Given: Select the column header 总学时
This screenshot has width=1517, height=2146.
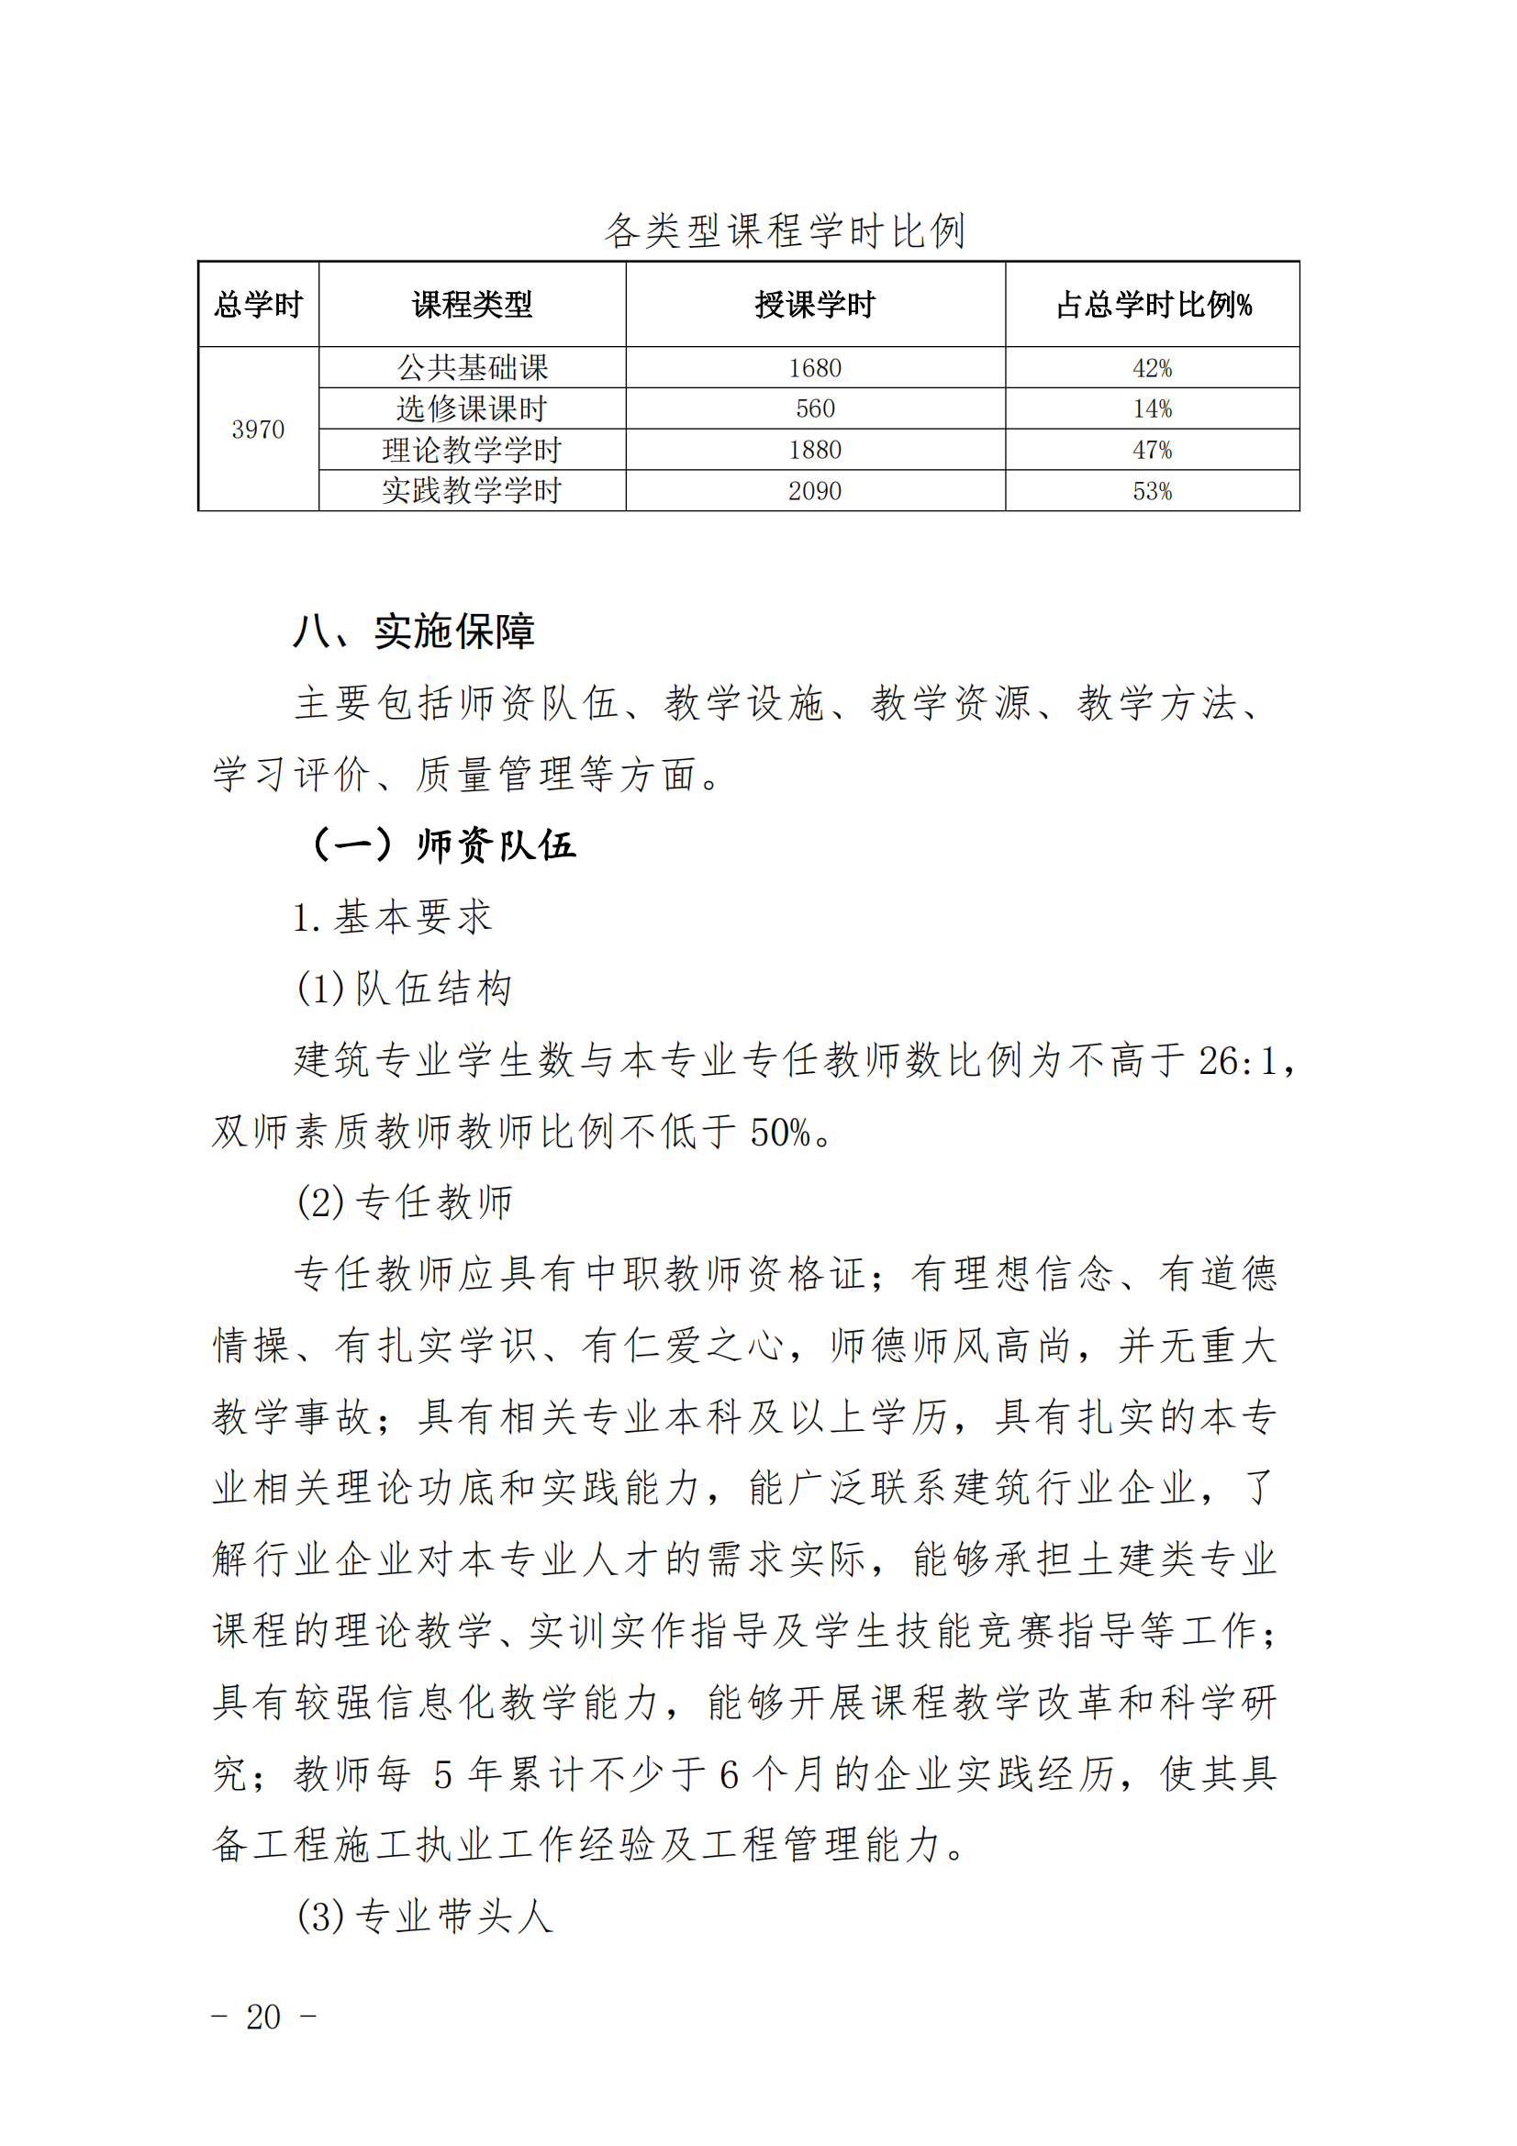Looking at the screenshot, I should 258,305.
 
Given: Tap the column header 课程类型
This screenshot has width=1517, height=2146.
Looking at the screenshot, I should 472,305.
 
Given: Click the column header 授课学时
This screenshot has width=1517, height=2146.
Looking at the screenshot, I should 815,305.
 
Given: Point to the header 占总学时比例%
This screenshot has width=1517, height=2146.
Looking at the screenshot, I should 1153,305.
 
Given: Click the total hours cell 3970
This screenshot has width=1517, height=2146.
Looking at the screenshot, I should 258,429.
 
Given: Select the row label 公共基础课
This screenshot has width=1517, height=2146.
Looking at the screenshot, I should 472,367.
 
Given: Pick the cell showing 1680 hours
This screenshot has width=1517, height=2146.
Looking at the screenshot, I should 815,368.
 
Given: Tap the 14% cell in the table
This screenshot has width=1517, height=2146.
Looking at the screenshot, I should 1153,408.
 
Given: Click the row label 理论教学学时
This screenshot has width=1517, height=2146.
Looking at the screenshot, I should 472,450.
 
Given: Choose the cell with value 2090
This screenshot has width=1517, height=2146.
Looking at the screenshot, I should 815,491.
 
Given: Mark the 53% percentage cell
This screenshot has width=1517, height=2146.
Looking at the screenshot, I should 1153,491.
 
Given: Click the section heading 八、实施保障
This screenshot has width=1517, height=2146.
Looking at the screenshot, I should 413,632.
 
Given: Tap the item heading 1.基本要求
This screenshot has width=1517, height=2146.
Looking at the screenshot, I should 393,917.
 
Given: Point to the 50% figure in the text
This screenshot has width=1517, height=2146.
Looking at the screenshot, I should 779,1132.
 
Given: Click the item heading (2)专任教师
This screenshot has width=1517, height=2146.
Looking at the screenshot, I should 405,1203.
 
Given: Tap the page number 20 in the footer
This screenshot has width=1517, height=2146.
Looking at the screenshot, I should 262,2016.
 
